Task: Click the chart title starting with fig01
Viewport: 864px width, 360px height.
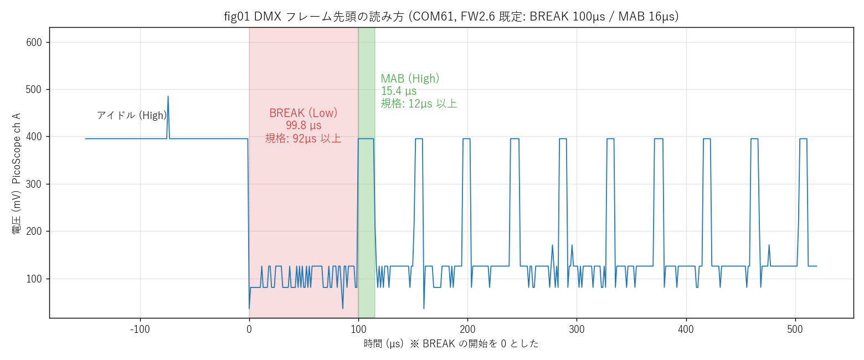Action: point(451,17)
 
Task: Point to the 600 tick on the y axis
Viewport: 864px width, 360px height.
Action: point(34,43)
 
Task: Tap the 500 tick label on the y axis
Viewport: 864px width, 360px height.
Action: point(34,90)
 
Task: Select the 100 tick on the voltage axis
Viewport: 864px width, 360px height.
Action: point(34,279)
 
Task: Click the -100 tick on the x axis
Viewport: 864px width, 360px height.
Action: point(140,329)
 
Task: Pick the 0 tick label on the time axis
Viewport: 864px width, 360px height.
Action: point(249,329)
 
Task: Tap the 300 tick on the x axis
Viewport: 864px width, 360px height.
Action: point(577,329)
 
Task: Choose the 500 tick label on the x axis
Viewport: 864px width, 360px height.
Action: point(795,329)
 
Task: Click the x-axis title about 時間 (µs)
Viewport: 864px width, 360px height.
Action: point(451,343)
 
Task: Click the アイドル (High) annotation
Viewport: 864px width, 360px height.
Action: point(132,115)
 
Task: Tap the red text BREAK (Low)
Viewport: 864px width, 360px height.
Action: point(303,112)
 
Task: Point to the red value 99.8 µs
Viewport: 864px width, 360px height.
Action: point(303,125)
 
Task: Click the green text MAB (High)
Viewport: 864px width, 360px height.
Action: point(410,78)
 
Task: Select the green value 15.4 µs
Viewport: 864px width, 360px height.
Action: point(399,91)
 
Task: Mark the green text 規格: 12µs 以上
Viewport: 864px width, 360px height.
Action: point(419,104)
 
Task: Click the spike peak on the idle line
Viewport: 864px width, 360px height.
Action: point(168,96)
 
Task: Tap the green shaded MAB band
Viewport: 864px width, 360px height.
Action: point(367,173)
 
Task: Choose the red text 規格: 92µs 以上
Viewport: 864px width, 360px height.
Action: point(303,138)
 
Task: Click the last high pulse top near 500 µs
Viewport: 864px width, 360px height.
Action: point(803,138)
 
